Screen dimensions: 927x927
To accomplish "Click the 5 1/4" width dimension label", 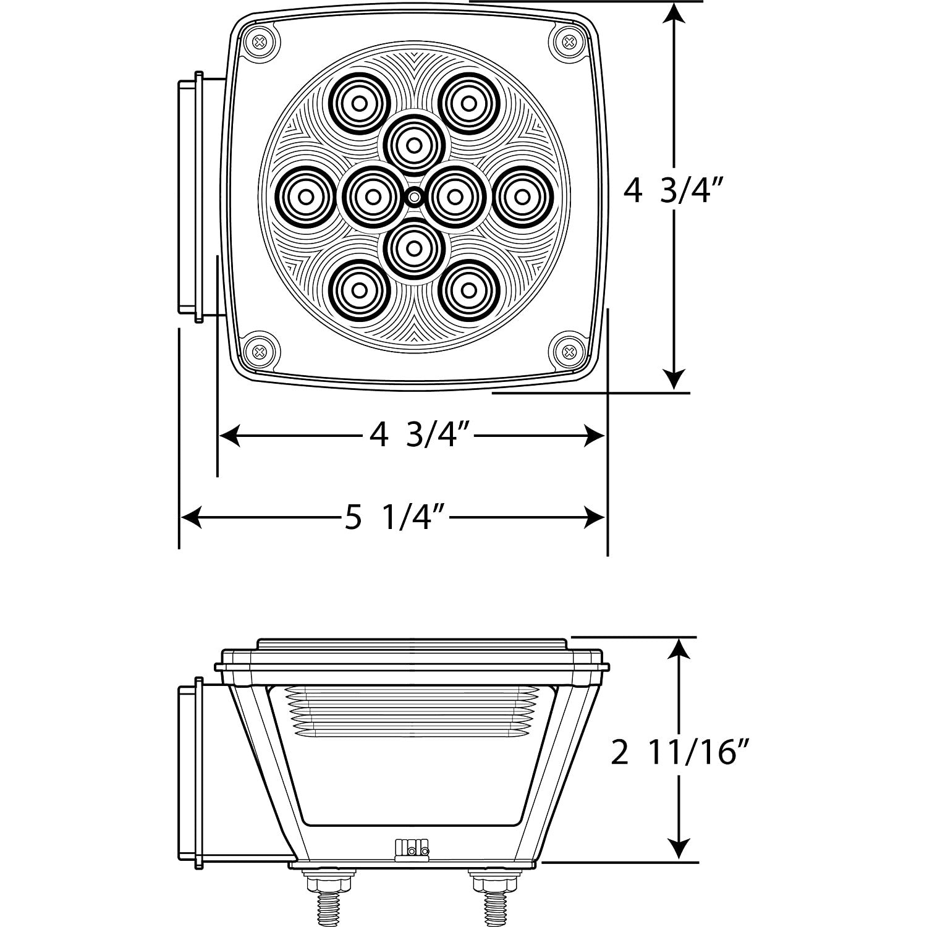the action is tap(396, 518).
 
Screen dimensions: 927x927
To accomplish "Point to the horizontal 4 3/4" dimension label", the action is tap(421, 436).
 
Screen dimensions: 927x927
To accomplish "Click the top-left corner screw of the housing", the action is tap(260, 43).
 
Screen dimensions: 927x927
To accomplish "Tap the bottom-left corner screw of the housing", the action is tap(260, 352).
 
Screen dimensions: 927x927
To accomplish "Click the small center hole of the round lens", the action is tap(414, 198).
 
